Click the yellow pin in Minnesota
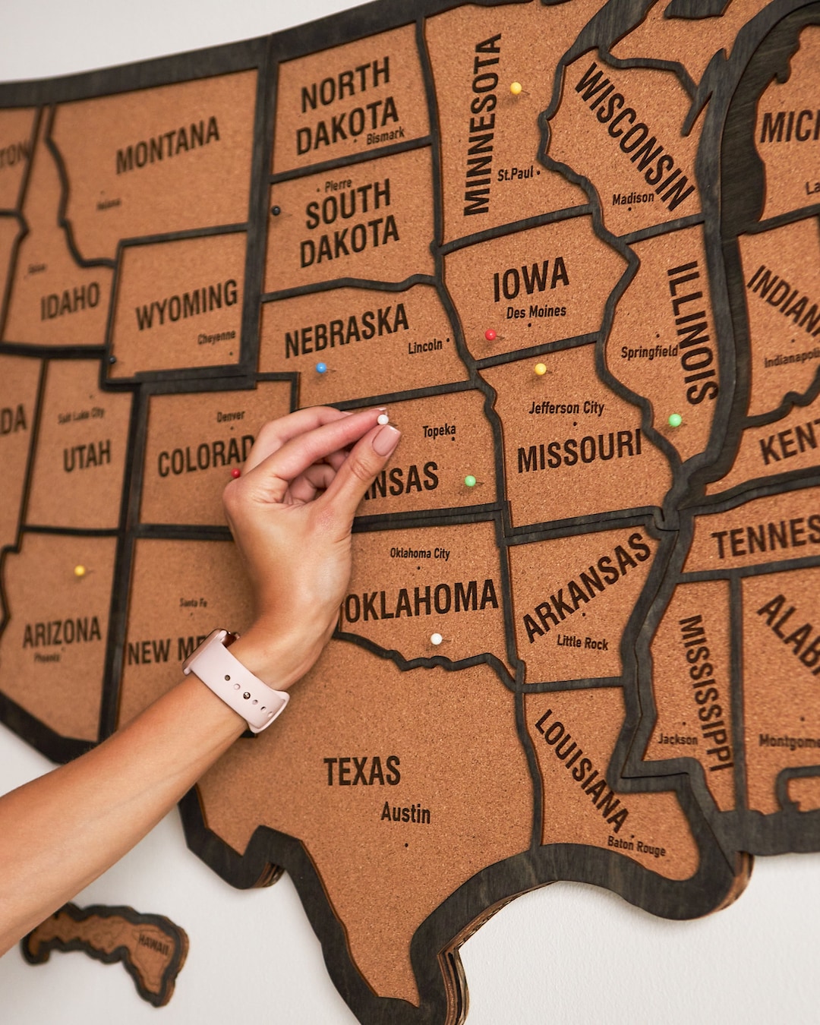(516, 88)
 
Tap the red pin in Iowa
(490, 334)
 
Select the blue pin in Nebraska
(321, 367)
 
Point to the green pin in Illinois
(674, 420)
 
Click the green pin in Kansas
(470, 481)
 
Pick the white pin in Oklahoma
(436, 639)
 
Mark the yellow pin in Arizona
(79, 570)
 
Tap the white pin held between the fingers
(383, 418)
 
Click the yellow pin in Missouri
(540, 369)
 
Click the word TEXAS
(362, 771)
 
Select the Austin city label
(405, 813)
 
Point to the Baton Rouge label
(636, 846)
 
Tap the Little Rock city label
(582, 642)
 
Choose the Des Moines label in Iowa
(536, 311)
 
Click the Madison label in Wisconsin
(632, 198)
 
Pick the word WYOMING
(187, 304)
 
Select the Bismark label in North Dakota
(385, 137)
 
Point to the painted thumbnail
(386, 440)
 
